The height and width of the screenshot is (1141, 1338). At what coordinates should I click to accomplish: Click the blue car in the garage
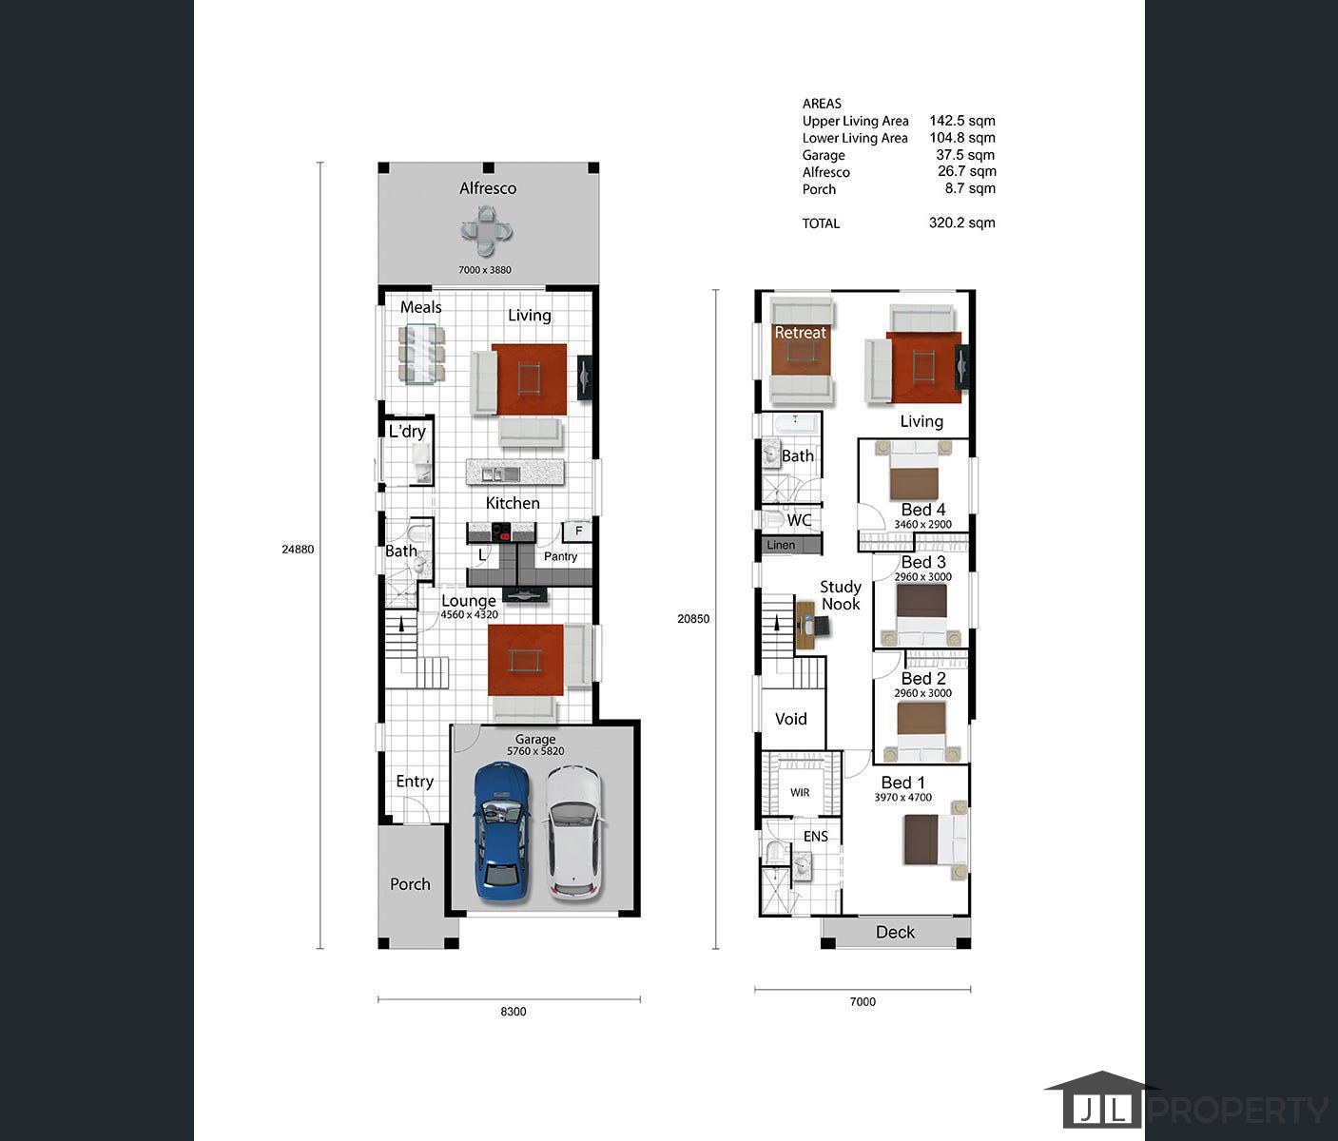(503, 832)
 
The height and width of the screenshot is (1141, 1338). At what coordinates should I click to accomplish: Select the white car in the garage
(575, 833)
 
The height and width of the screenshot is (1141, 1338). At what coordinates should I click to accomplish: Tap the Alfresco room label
(488, 188)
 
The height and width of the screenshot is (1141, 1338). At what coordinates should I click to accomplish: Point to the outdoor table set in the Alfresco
(486, 231)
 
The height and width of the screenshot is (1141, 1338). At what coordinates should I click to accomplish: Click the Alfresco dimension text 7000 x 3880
(485, 270)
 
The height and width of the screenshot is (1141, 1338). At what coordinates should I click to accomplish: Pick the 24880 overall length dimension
(298, 550)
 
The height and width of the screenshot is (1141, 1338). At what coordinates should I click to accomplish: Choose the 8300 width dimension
(514, 1012)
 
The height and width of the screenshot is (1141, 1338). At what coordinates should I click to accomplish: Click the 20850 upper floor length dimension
(693, 619)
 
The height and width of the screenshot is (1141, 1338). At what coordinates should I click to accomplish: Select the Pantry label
(560, 556)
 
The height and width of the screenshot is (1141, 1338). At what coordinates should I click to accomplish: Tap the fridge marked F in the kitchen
(578, 532)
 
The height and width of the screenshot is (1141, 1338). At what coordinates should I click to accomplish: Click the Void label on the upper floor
(791, 719)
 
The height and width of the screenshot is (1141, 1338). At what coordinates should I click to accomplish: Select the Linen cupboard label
(781, 545)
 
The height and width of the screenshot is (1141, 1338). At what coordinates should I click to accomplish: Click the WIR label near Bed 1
(800, 793)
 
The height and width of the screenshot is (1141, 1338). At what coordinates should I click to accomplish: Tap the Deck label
(895, 932)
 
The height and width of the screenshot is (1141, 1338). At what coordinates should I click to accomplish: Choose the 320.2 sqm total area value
(962, 222)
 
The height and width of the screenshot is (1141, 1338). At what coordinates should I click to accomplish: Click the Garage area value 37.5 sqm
(965, 155)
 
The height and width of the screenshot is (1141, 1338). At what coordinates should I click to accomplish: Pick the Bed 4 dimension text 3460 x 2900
(923, 524)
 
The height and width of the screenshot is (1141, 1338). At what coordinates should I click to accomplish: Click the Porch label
(410, 884)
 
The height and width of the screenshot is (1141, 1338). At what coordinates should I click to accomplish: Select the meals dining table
(421, 355)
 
